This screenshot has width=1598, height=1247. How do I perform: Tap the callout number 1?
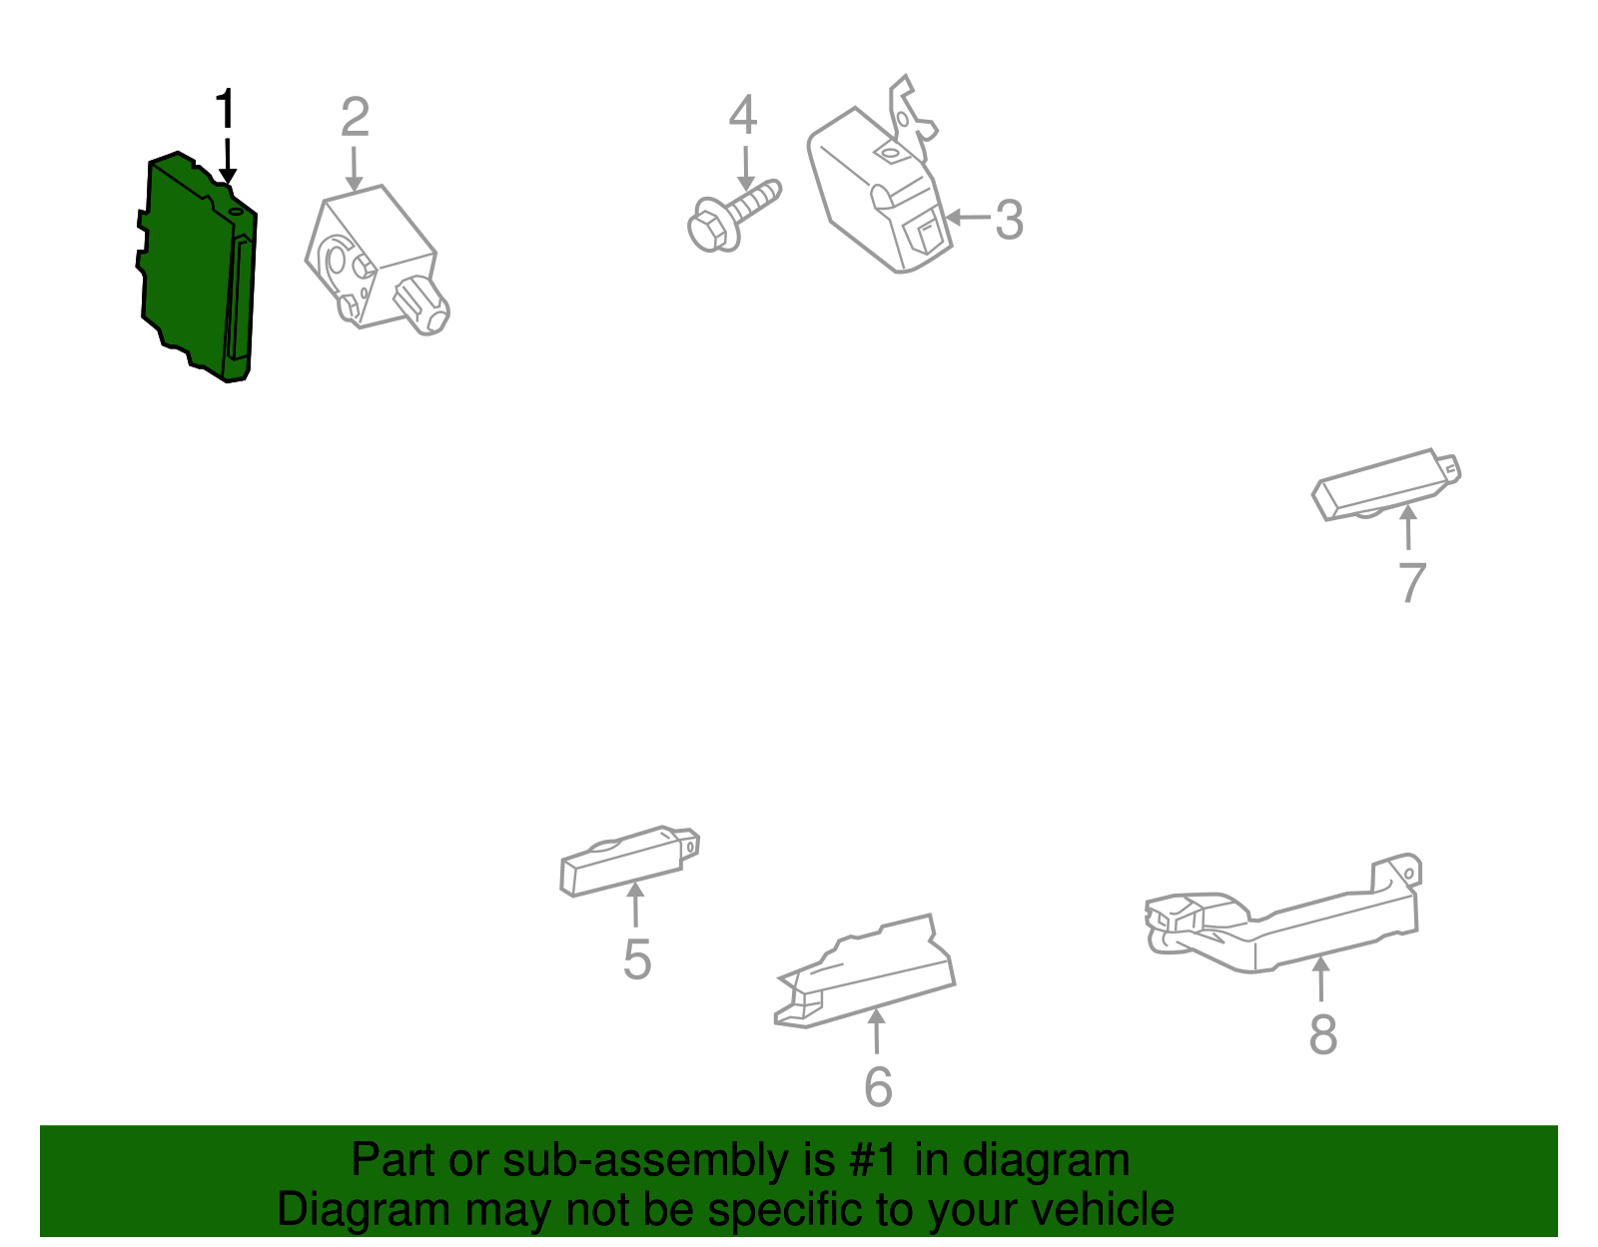click(225, 110)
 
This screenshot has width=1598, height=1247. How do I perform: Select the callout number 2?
click(355, 117)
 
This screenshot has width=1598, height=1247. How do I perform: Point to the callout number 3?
click(1009, 219)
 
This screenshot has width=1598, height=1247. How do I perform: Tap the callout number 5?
click(637, 959)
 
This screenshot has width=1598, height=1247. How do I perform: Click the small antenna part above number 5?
click(629, 861)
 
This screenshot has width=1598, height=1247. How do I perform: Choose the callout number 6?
click(878, 1086)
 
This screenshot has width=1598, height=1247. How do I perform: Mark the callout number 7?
click(1412, 583)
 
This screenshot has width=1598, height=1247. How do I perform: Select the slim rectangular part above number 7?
click(1386, 485)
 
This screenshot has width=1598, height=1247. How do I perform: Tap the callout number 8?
click(1323, 1034)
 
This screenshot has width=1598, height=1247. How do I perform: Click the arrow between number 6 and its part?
click(877, 1031)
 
